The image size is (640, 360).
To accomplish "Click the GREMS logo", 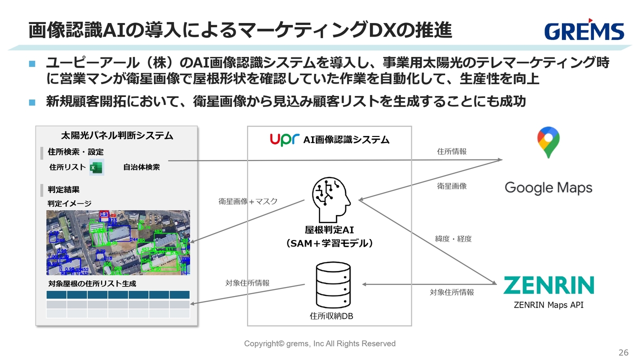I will [584, 30].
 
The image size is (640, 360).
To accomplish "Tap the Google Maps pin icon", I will [548, 142].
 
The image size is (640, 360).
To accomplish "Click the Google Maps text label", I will [548, 188].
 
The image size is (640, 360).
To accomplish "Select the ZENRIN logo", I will [548, 285].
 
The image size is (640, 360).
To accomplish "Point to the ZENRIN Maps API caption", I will [548, 305].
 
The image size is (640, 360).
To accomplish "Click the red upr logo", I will [284, 139].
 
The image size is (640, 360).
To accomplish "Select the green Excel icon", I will [96, 168].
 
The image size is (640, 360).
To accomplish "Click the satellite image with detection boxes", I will [118, 242].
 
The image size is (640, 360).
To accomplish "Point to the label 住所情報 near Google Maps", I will [451, 151].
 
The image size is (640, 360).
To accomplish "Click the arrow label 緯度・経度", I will [453, 239].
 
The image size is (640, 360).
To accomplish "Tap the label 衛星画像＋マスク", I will [248, 201].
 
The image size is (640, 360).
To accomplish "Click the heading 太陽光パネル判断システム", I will [117, 135].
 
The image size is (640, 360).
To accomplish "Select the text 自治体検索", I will [141, 167].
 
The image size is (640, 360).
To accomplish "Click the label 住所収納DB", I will [331, 316].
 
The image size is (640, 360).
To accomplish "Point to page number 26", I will [623, 352].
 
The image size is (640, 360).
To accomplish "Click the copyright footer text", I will [319, 343].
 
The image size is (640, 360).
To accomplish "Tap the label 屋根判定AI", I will [329, 230].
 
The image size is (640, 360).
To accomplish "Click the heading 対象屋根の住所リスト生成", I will [92, 283].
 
